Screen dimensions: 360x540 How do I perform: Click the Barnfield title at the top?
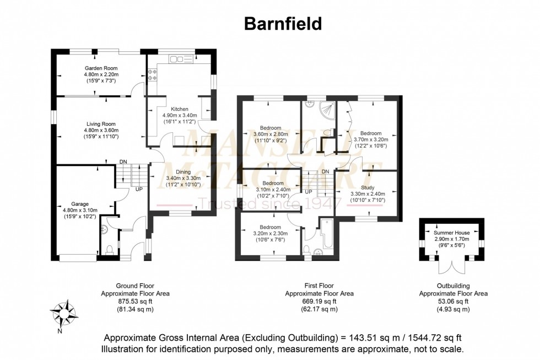tap(283, 24)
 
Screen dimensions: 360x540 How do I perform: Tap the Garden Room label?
tap(101, 67)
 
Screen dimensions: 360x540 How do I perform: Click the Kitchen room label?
tap(181, 109)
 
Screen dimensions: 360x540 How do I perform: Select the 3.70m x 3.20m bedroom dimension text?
tap(370, 140)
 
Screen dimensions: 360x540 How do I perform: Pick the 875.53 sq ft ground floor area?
tap(135, 302)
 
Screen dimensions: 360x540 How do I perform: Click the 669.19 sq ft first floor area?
tap(319, 302)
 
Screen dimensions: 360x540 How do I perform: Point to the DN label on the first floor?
tap(326, 171)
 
